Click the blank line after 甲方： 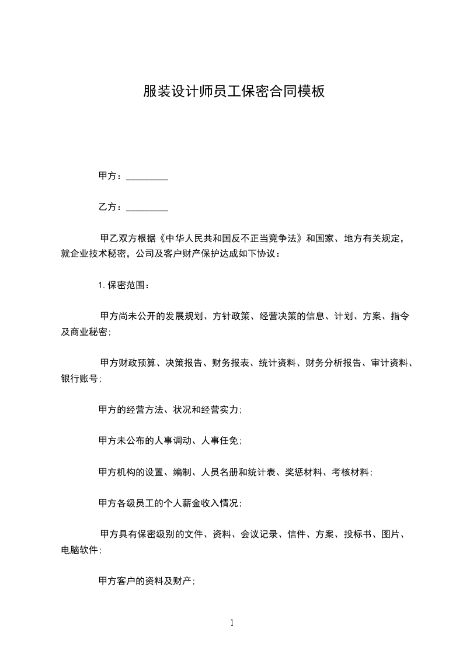click(x=147, y=176)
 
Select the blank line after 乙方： click(x=147, y=207)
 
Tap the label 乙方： click(x=110, y=207)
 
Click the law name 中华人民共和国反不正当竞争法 click(x=235, y=239)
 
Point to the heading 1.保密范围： click(x=124, y=285)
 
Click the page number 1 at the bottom click(x=232, y=623)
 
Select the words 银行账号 click(x=79, y=378)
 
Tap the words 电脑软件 click(x=79, y=550)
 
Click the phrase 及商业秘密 click(x=84, y=332)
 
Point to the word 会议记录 click(x=260, y=534)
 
